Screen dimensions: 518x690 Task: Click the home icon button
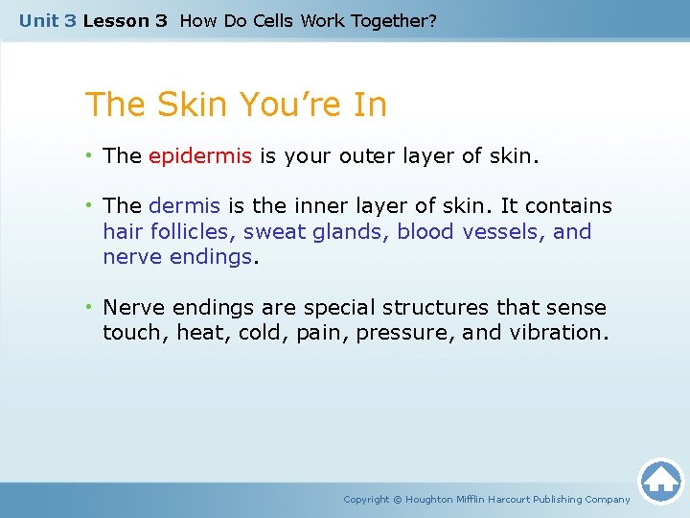pos(660,480)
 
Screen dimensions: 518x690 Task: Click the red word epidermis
pos(200,156)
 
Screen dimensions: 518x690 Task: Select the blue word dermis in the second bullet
pos(184,206)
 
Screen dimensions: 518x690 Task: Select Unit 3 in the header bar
pos(47,20)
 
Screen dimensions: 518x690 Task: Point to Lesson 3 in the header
pos(125,20)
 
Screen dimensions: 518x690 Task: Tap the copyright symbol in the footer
pos(398,499)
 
